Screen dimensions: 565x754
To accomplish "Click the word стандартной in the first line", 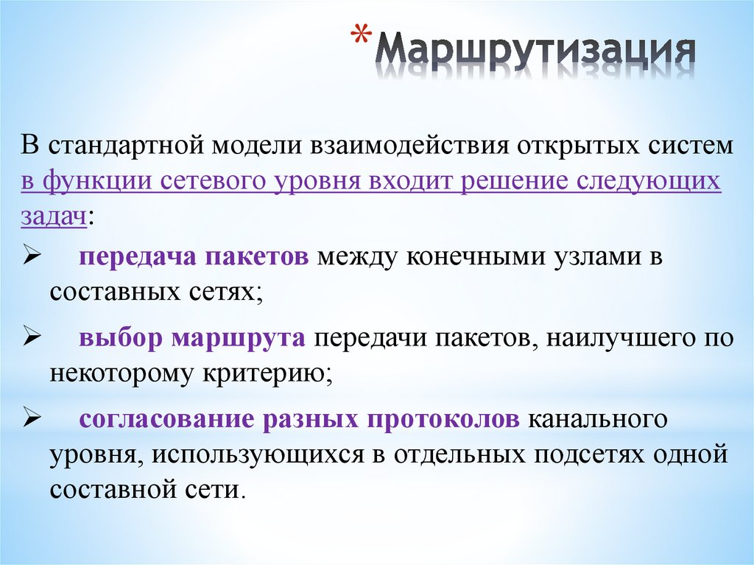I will point(127,144).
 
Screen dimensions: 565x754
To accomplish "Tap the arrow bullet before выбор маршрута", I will point(31,337).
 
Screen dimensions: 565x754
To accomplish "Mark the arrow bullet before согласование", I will point(31,418).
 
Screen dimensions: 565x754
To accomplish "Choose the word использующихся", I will point(258,453).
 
